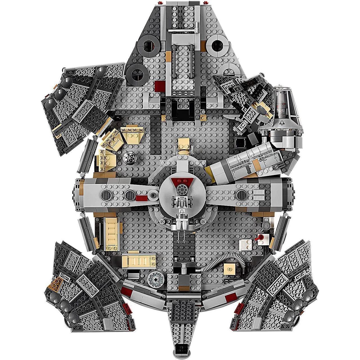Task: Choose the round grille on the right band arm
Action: [x=242, y=194]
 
